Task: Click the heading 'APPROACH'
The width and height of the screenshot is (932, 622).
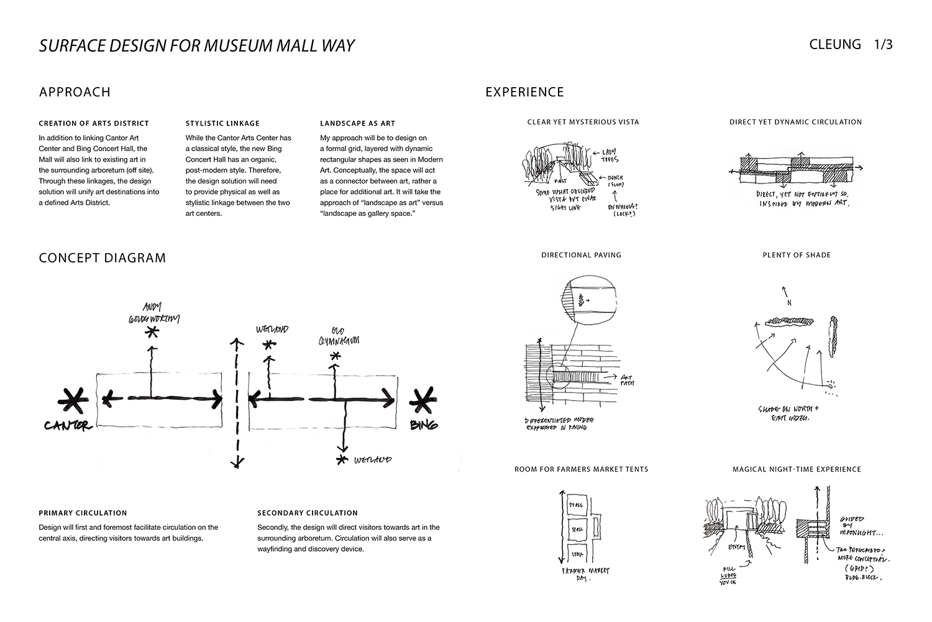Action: (75, 92)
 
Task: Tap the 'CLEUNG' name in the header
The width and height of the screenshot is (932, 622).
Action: (835, 45)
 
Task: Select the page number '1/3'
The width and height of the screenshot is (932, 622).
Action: (883, 45)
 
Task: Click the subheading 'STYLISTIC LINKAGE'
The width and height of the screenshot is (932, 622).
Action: (222, 123)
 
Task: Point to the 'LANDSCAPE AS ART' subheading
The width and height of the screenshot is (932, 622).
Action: (357, 123)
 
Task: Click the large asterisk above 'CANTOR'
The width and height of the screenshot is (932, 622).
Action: (73, 402)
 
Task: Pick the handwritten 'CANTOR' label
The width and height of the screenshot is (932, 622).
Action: (68, 426)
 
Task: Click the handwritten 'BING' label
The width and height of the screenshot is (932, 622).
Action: (424, 425)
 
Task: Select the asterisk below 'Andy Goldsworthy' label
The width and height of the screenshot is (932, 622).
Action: (151, 333)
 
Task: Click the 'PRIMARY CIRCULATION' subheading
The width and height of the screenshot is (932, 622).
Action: (83, 513)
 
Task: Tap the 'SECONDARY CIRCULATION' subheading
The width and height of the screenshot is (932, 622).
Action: (308, 513)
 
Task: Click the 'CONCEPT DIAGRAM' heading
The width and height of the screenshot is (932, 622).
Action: (103, 258)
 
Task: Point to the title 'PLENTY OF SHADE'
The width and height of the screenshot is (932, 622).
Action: (797, 255)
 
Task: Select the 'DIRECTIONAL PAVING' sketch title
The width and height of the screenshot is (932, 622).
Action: (581, 255)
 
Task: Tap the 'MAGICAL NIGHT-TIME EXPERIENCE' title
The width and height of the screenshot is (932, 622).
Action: (797, 469)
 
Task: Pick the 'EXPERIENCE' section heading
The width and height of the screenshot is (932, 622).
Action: (524, 92)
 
